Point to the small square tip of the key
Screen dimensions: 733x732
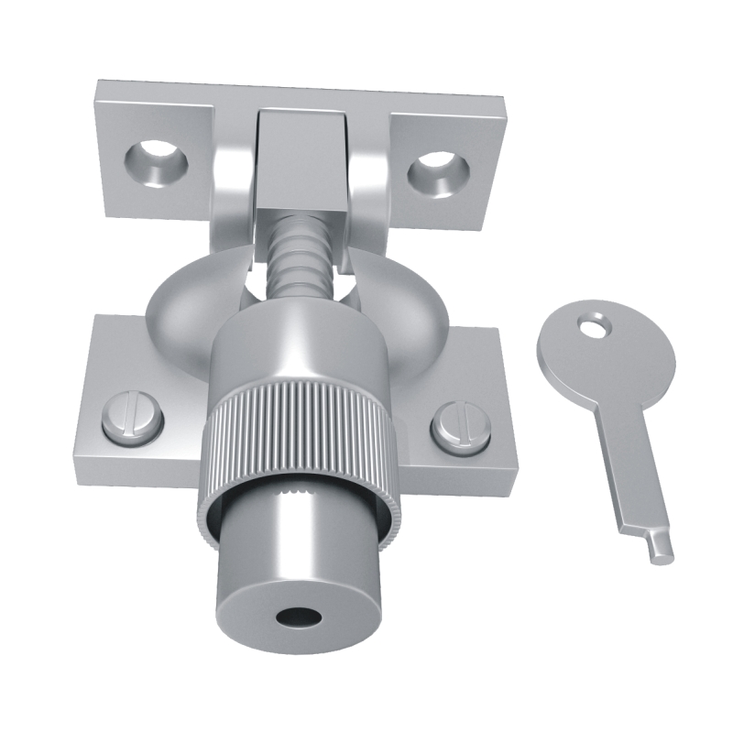click(658, 546)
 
